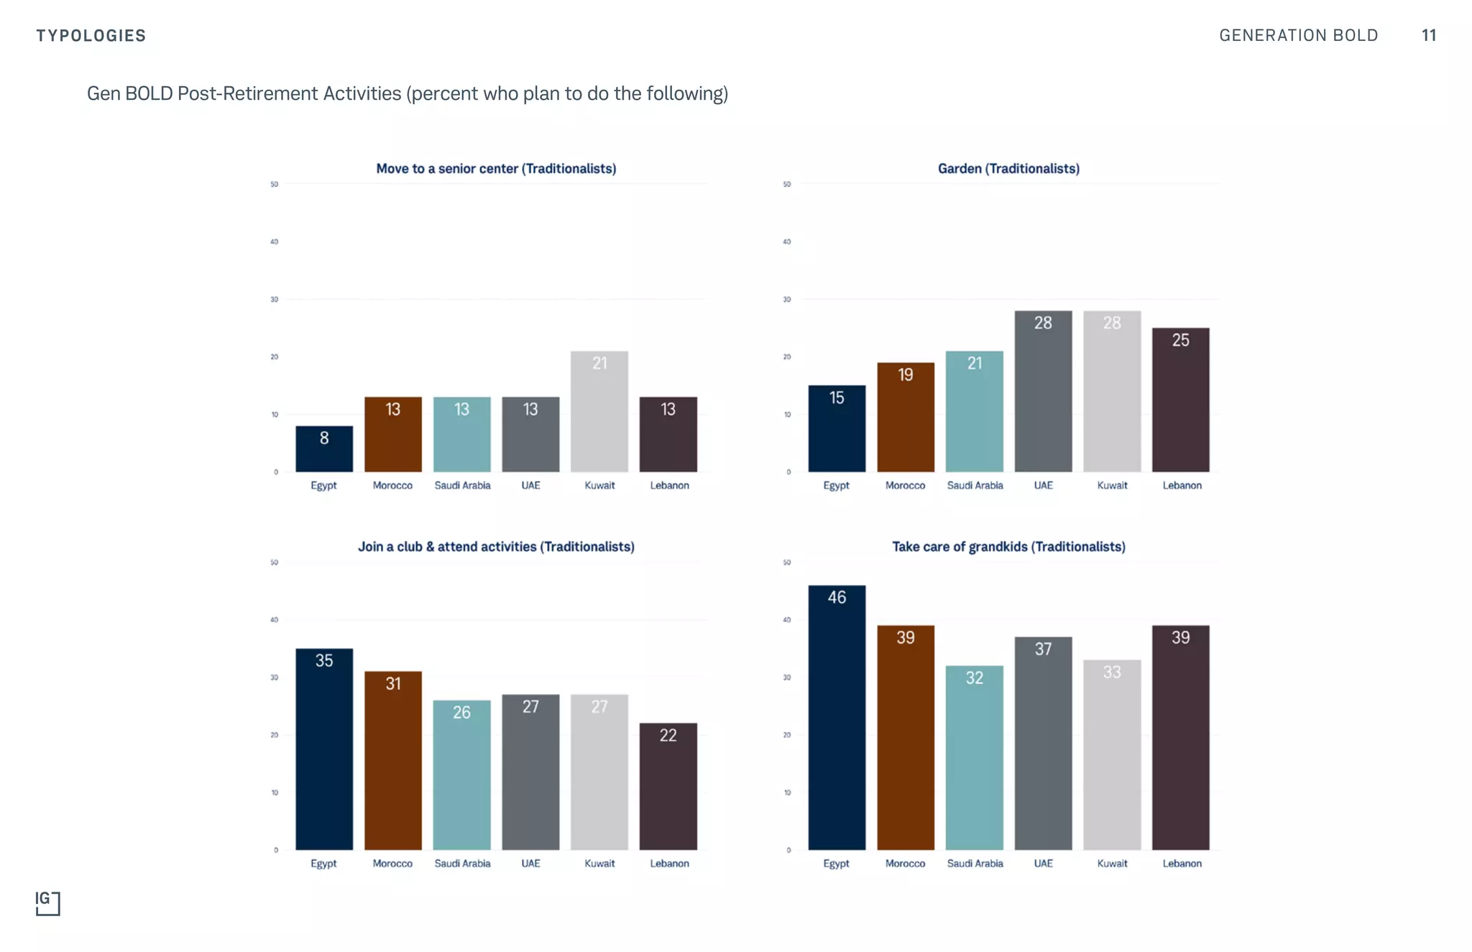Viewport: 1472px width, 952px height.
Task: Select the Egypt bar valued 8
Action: click(323, 449)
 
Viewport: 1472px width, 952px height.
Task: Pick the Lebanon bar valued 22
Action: click(668, 786)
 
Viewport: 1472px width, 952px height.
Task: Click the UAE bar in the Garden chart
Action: click(1042, 392)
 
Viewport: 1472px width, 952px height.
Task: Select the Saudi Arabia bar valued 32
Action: click(974, 757)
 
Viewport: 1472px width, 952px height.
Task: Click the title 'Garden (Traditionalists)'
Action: click(1008, 169)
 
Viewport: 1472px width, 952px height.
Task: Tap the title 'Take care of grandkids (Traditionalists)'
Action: click(1008, 547)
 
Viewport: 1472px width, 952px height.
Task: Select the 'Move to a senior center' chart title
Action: click(496, 169)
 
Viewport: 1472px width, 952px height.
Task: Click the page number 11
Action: click(1428, 35)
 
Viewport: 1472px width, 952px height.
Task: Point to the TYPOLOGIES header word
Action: click(91, 36)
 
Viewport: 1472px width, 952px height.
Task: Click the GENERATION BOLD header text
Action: click(1298, 35)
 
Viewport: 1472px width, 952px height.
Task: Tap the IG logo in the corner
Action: click(47, 903)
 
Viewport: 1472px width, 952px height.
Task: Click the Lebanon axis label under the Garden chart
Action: click(1182, 486)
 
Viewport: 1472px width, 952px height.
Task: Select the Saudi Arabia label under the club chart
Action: click(462, 864)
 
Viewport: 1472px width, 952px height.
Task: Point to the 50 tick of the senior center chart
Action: click(274, 185)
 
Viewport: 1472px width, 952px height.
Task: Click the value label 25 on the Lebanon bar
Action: click(1180, 340)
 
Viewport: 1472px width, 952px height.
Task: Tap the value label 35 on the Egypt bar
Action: click(323, 660)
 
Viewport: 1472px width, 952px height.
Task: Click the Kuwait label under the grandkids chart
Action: click(1111, 864)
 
